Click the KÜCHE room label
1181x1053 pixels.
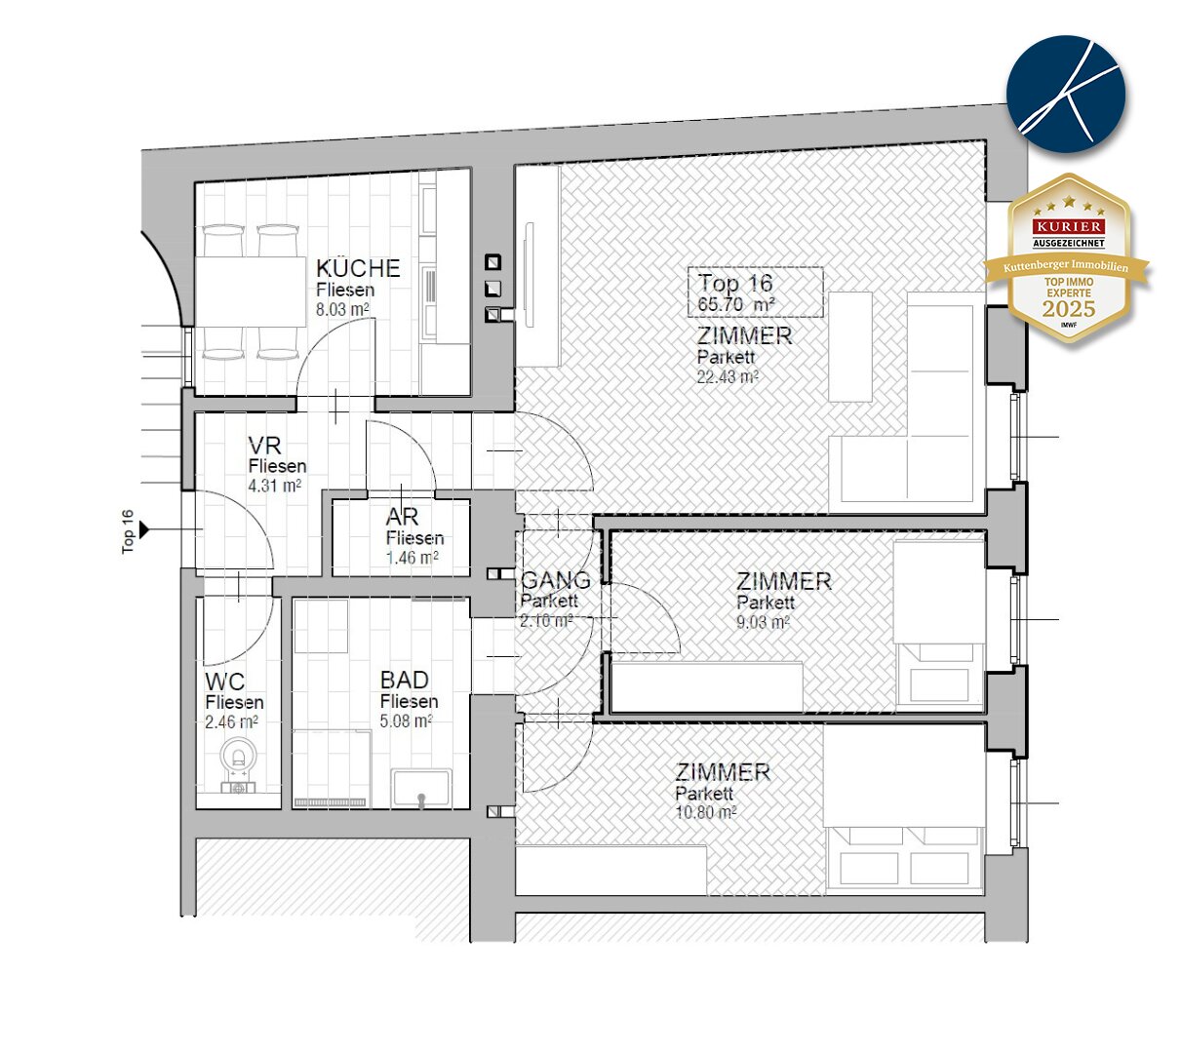coord(358,269)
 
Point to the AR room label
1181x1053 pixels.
coord(402,517)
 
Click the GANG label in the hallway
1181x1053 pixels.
coord(556,580)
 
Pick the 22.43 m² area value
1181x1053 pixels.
coord(728,377)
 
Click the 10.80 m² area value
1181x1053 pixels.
coord(705,812)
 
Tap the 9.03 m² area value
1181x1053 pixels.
coord(763,622)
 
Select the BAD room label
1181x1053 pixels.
coord(404,680)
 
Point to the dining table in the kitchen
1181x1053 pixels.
coord(251,292)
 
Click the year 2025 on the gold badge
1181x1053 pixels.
coord(1069,309)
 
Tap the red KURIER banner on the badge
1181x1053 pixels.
coord(1069,226)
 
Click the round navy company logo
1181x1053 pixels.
coord(1066,95)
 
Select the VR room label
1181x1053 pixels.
coord(264,446)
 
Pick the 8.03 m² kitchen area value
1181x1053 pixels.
coord(342,309)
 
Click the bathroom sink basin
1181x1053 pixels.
coord(421,789)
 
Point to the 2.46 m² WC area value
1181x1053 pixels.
coord(231,722)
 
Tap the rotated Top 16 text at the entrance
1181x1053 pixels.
coord(128,531)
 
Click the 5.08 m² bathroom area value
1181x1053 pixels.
coord(407,721)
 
